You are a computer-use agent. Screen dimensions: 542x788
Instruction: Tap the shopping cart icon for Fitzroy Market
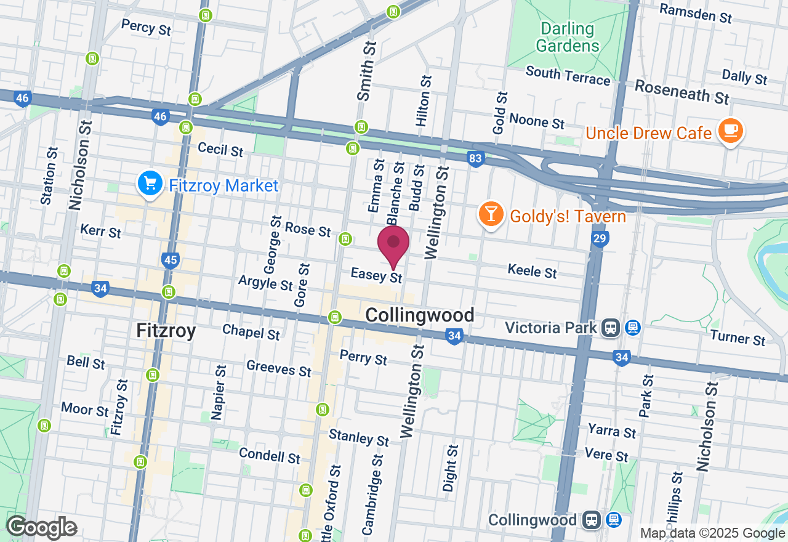(x=150, y=184)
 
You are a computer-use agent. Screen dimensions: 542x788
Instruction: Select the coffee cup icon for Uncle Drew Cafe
(x=730, y=131)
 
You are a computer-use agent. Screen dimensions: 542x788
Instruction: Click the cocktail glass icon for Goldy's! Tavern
(x=491, y=214)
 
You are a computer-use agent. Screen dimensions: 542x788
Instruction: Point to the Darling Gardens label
(x=567, y=38)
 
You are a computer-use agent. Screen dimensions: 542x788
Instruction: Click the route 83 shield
(x=475, y=159)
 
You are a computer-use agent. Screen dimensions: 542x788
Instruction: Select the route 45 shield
(x=171, y=261)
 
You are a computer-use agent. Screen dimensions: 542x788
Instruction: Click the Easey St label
(x=376, y=275)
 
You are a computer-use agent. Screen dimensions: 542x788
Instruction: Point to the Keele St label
(x=532, y=270)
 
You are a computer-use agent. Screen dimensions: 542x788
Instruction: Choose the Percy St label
(x=146, y=27)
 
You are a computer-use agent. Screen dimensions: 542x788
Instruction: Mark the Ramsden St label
(x=696, y=12)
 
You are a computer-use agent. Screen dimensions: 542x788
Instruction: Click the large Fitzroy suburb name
(x=166, y=331)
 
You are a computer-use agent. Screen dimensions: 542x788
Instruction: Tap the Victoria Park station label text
(x=550, y=327)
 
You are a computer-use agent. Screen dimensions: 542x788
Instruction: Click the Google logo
(x=41, y=528)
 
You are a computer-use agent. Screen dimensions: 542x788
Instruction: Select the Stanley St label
(x=359, y=437)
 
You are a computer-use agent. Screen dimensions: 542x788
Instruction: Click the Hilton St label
(x=425, y=101)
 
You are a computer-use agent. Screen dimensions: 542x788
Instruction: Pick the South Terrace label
(x=568, y=75)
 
